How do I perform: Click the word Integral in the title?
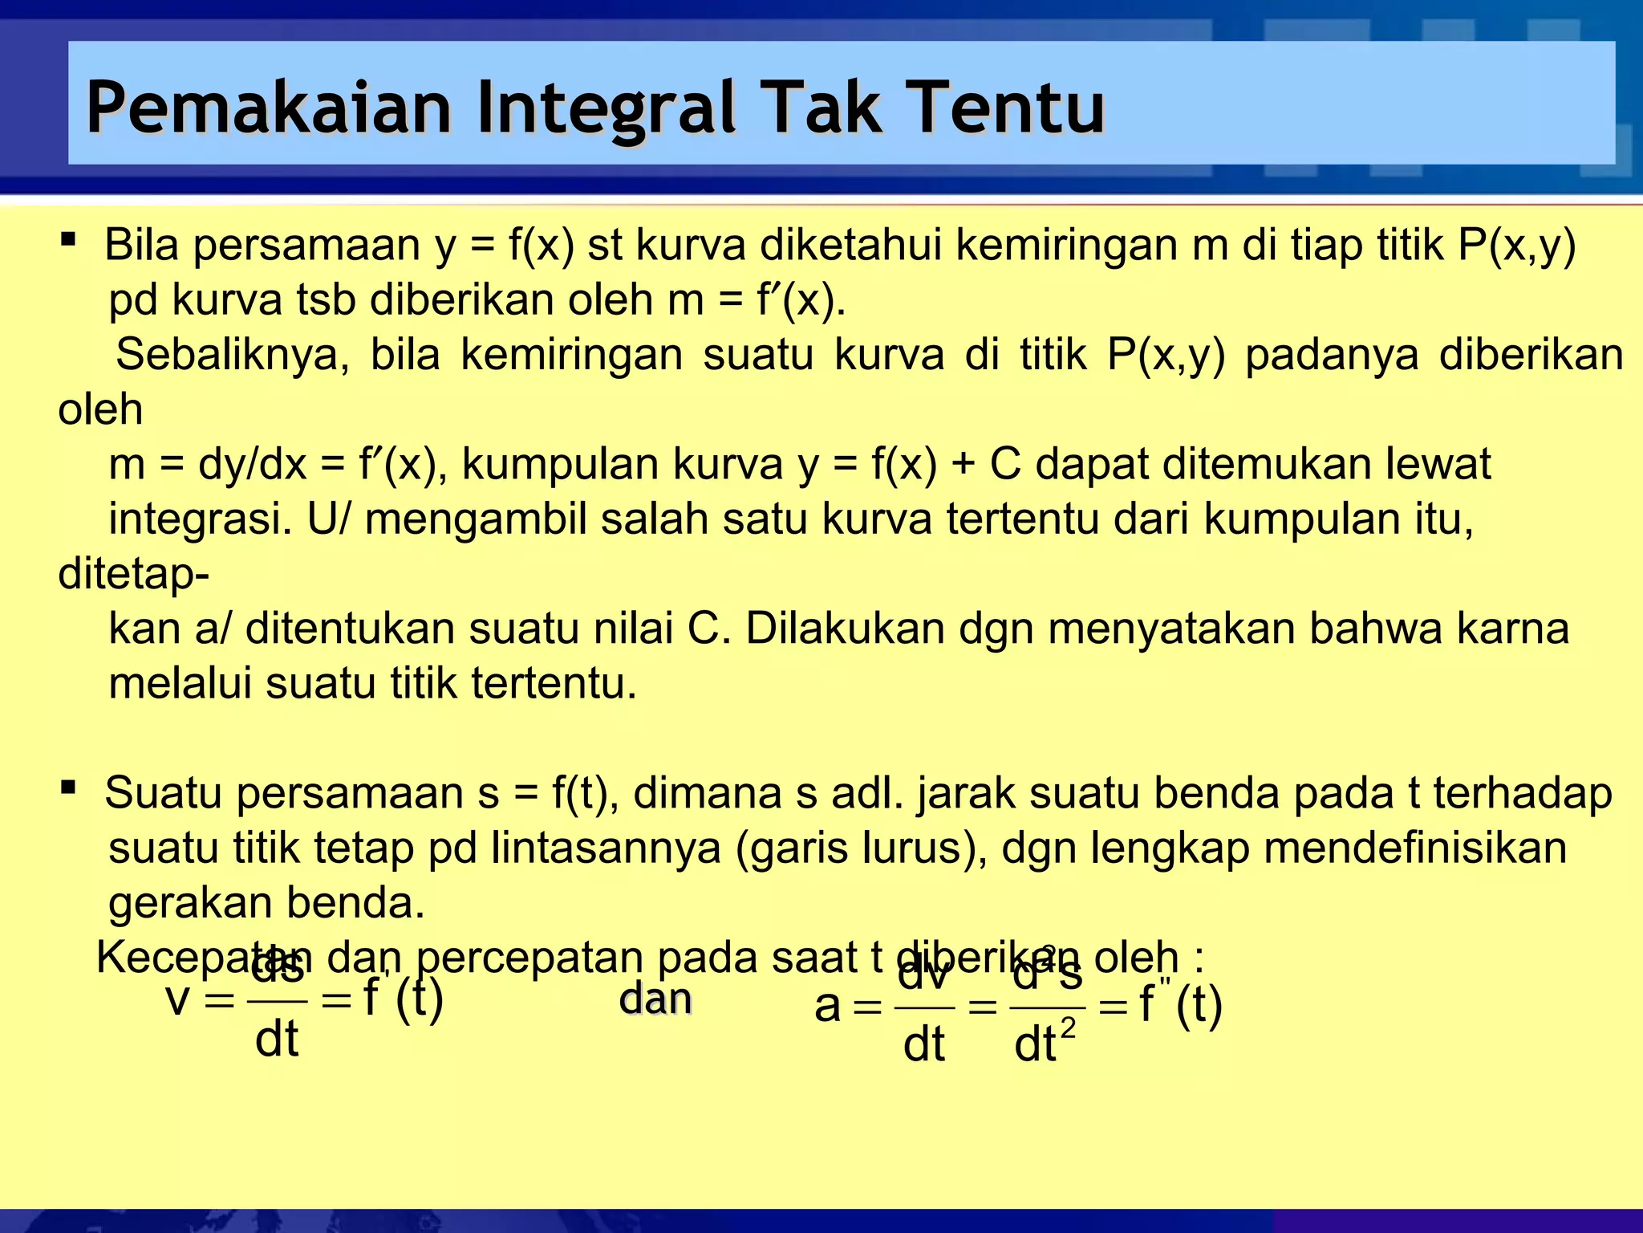click(605, 108)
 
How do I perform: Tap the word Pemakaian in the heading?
click(269, 108)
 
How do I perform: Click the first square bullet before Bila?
click(68, 239)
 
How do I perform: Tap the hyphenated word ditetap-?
click(133, 574)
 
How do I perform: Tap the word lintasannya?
click(606, 848)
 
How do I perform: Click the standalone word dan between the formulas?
click(655, 1000)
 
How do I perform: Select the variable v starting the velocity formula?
click(178, 1000)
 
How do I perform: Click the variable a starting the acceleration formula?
click(827, 1007)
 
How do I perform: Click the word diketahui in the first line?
click(850, 245)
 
